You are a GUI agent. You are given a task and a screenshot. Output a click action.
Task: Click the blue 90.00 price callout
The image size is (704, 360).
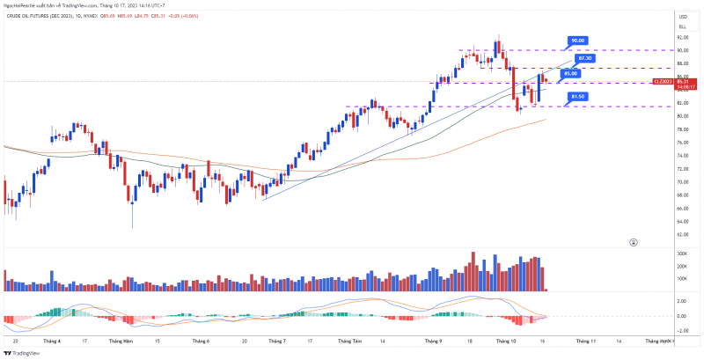[577, 40]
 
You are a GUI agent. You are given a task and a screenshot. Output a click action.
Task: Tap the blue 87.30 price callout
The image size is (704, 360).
[586, 58]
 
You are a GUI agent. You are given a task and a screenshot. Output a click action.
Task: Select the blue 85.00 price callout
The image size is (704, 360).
[570, 73]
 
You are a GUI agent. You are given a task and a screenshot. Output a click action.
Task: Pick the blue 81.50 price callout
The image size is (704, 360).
[577, 96]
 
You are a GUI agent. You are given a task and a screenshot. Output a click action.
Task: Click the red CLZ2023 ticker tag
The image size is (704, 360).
[663, 82]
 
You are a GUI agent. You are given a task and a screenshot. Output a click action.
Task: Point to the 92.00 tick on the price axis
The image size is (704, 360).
[682, 37]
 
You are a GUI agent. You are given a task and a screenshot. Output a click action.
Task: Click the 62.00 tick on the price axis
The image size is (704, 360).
[682, 235]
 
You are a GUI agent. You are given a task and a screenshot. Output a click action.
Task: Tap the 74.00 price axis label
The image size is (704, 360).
[682, 156]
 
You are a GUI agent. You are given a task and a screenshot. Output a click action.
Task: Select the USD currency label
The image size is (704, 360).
[682, 17]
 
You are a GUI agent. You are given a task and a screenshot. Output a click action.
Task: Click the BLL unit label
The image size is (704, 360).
[682, 27]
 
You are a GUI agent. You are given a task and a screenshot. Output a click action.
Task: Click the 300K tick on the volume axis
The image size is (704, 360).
[682, 253]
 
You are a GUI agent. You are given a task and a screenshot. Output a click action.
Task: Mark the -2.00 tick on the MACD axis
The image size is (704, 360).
[682, 327]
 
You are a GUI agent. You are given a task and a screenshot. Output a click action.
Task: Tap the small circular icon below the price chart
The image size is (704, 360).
[634, 242]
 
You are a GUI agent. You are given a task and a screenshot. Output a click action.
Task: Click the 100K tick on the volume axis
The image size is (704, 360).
[682, 278]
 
